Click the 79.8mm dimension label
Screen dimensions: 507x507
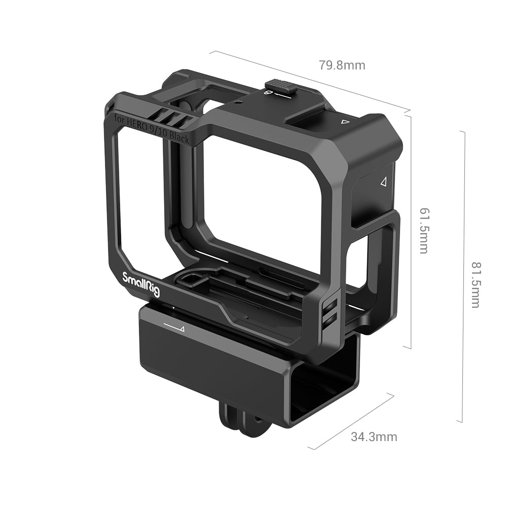[x=342, y=65]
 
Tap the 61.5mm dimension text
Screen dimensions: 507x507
[x=424, y=230]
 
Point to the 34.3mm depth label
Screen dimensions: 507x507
[x=374, y=437]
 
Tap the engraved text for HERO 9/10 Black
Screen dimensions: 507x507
[x=151, y=129]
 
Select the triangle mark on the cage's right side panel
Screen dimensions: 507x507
[x=384, y=182]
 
